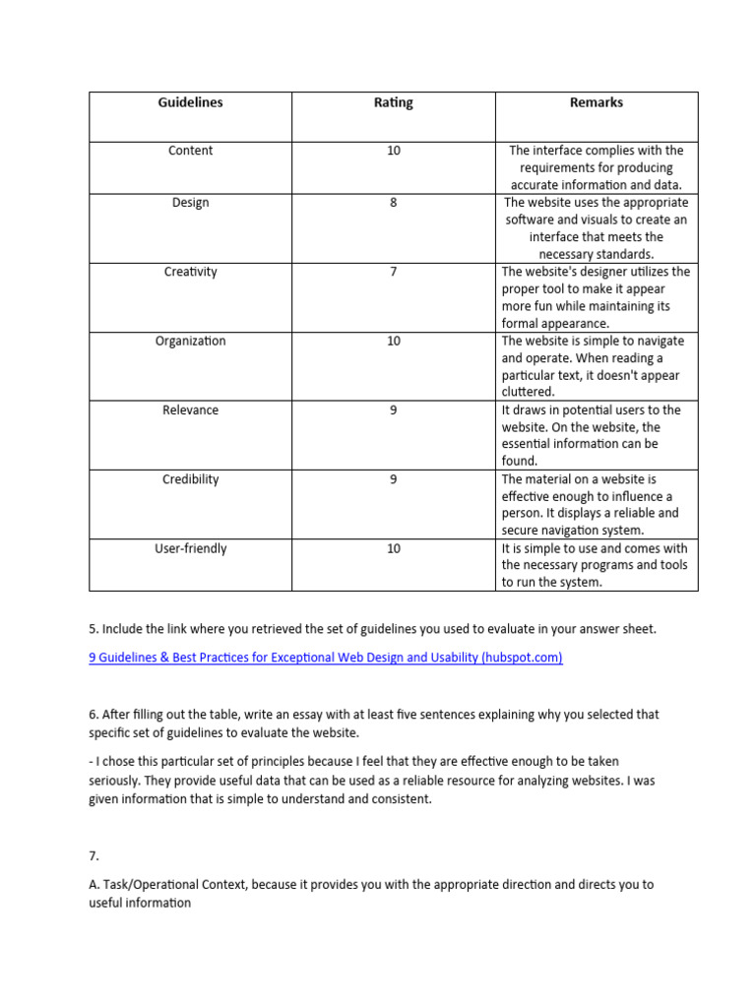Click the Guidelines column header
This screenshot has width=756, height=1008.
(x=190, y=102)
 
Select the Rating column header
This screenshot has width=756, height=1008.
(x=393, y=102)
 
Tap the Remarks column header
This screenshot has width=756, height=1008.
(x=597, y=102)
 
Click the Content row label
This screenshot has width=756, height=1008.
(x=190, y=151)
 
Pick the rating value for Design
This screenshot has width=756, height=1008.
(x=393, y=203)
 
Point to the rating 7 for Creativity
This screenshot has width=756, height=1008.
(x=393, y=272)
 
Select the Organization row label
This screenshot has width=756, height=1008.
(x=190, y=341)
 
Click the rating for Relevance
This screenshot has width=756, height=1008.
(x=393, y=409)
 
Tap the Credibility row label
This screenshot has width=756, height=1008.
(x=190, y=479)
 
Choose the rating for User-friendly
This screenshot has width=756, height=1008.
(x=393, y=548)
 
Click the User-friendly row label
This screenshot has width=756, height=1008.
(x=190, y=548)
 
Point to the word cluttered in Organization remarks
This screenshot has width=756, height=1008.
(x=528, y=392)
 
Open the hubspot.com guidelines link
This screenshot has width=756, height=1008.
(x=326, y=658)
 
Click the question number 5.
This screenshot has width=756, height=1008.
(x=93, y=629)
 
